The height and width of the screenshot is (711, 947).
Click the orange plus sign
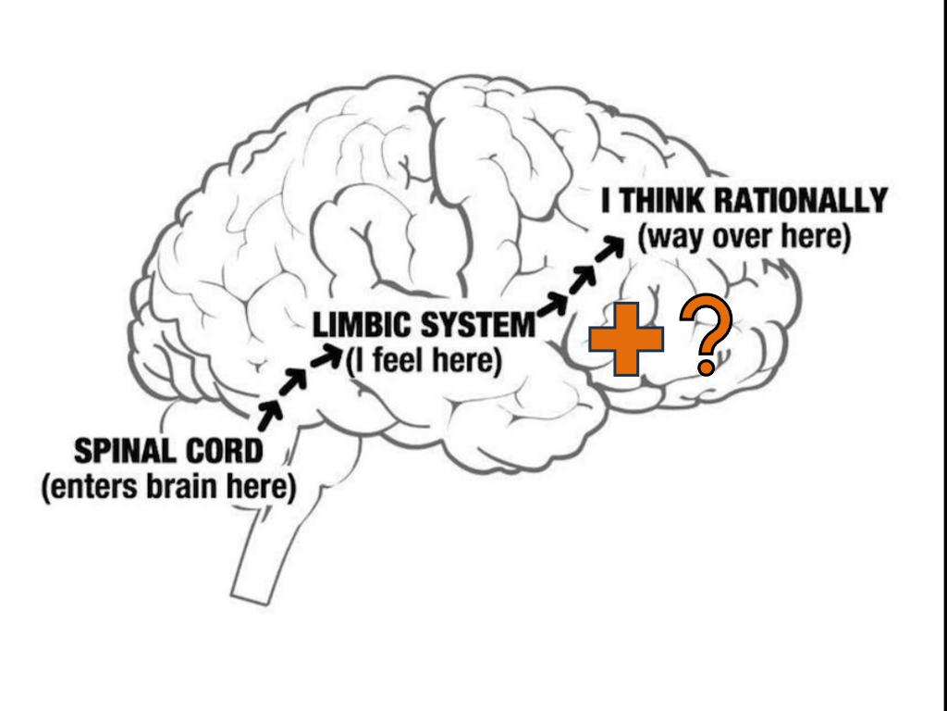[627, 339]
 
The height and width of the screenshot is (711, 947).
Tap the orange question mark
[706, 339]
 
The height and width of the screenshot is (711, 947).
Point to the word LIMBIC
[362, 326]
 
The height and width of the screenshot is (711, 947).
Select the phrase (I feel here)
[424, 360]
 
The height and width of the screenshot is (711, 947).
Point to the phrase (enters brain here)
[168, 487]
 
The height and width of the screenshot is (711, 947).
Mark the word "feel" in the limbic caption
[397, 360]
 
